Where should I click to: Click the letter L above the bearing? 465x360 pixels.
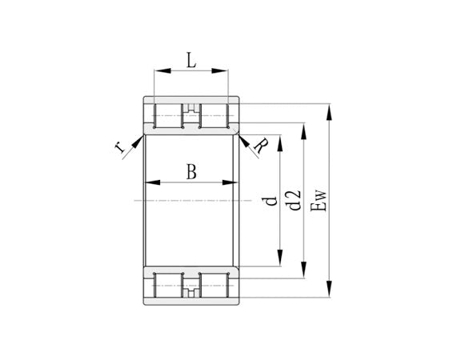(x=190, y=58)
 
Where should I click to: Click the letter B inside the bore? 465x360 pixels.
(x=190, y=171)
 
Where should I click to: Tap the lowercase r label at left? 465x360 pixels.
(x=119, y=146)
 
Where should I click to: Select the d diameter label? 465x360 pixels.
(x=271, y=199)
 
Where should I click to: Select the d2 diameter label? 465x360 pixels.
(x=294, y=199)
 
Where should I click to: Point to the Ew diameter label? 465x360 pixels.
(x=318, y=200)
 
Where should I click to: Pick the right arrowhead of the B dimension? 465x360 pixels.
(x=235, y=183)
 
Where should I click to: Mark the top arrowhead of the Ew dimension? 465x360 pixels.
(x=329, y=107)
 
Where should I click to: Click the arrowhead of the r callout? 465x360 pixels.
(x=140, y=138)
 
